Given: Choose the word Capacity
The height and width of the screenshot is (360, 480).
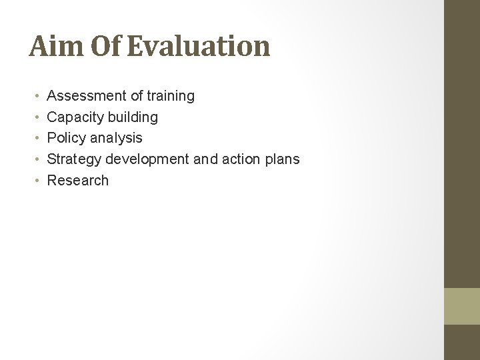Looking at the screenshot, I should point(75,117).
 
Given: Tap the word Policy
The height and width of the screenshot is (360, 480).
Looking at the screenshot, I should point(67,138).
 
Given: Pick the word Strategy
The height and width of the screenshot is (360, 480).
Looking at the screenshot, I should point(74,159).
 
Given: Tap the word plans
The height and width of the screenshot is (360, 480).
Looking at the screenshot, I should point(281,159).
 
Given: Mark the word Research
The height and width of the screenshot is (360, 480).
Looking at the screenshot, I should point(78,180).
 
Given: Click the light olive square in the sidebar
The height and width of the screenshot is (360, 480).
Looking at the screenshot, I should point(462,305).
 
